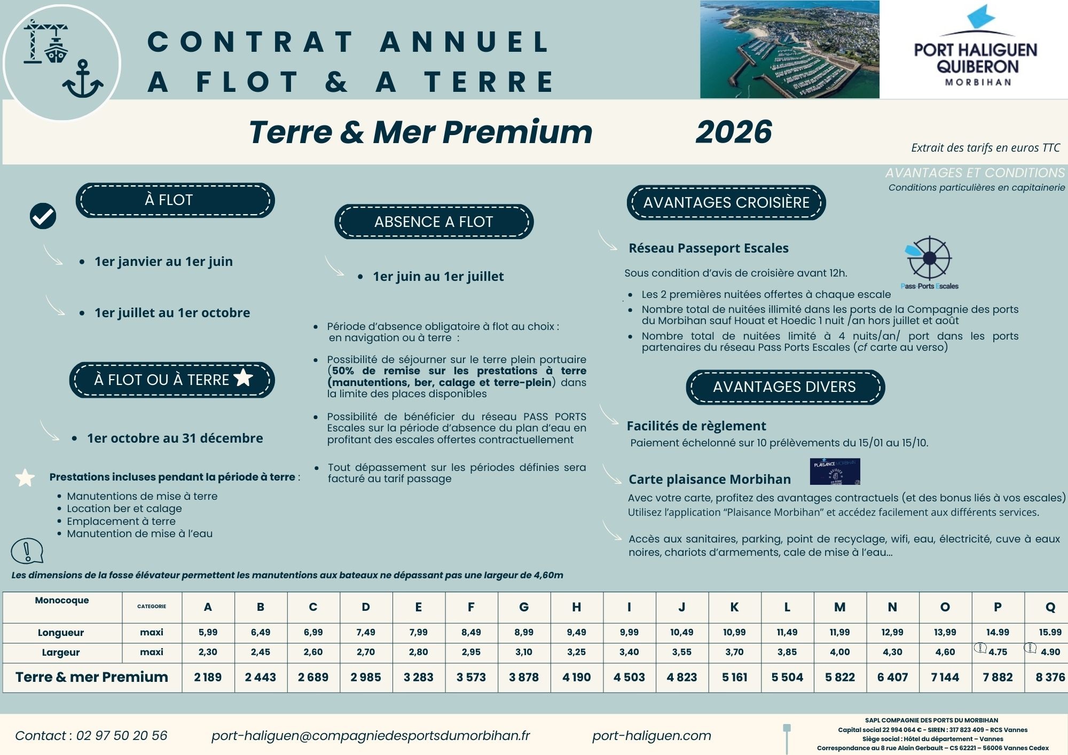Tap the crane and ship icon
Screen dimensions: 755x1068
pyautogui.click(x=46, y=42)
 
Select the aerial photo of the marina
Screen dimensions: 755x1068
pyautogui.click(x=789, y=49)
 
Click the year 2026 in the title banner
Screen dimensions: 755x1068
pyautogui.click(x=734, y=132)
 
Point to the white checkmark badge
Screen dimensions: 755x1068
pyautogui.click(x=43, y=216)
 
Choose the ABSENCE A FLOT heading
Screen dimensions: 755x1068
pyautogui.click(x=434, y=222)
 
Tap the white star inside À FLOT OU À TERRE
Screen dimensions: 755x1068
pyautogui.click(x=244, y=377)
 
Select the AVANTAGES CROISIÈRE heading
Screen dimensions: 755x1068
pyautogui.click(x=726, y=203)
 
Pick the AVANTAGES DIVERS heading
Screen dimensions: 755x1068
pyautogui.click(x=784, y=387)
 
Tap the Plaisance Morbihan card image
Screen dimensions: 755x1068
pyautogui.click(x=835, y=471)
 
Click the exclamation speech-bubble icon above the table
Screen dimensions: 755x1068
pyautogui.click(x=27, y=550)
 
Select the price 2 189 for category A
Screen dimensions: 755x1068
pyautogui.click(x=208, y=678)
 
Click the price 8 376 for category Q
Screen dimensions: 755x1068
pyautogui.click(x=1050, y=678)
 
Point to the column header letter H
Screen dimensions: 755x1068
pyautogui.click(x=576, y=607)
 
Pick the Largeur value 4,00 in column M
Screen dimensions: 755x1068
pyautogui.click(x=839, y=652)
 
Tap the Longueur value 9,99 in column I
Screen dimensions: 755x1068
pyautogui.click(x=629, y=632)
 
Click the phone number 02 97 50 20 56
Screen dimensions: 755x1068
pyautogui.click(x=122, y=736)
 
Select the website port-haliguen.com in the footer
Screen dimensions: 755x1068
pyautogui.click(x=651, y=736)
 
